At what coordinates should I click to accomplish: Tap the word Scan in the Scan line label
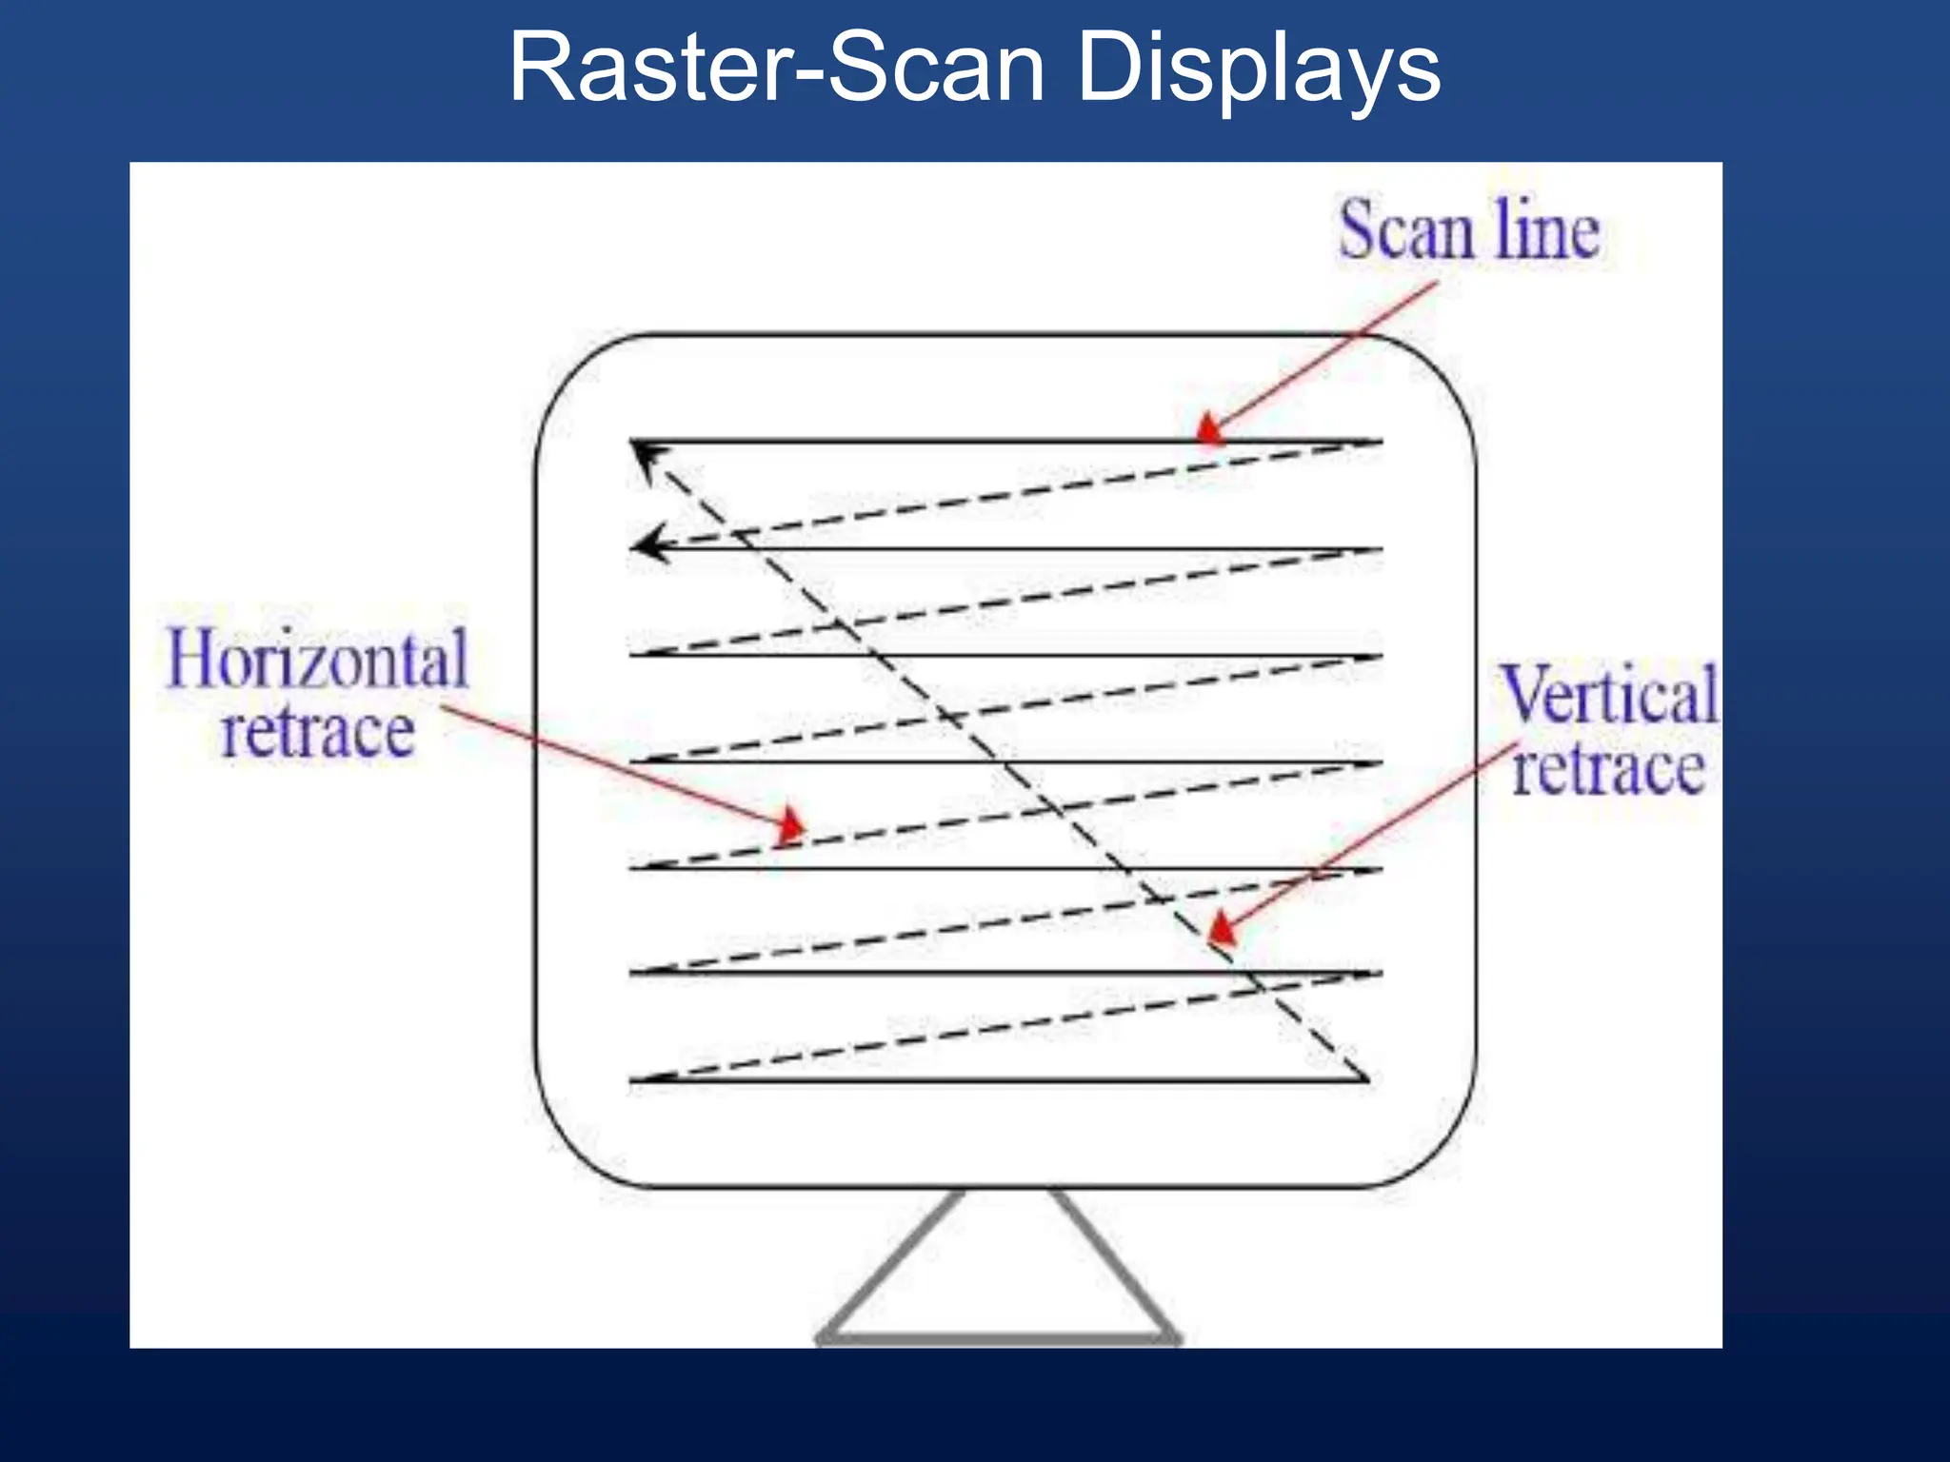click(1407, 231)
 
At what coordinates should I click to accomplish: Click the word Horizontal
click(318, 659)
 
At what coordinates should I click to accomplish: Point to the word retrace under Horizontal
click(318, 732)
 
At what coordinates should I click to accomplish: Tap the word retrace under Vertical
click(1609, 769)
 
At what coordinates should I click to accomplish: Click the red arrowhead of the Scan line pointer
click(1208, 430)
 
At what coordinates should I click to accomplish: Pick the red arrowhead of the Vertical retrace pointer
click(1222, 928)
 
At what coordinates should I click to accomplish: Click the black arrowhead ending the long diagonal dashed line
click(646, 457)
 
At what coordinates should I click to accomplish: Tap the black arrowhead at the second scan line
click(649, 545)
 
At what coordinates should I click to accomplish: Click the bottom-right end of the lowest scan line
click(1366, 1079)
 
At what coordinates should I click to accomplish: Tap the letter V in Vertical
click(1525, 695)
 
